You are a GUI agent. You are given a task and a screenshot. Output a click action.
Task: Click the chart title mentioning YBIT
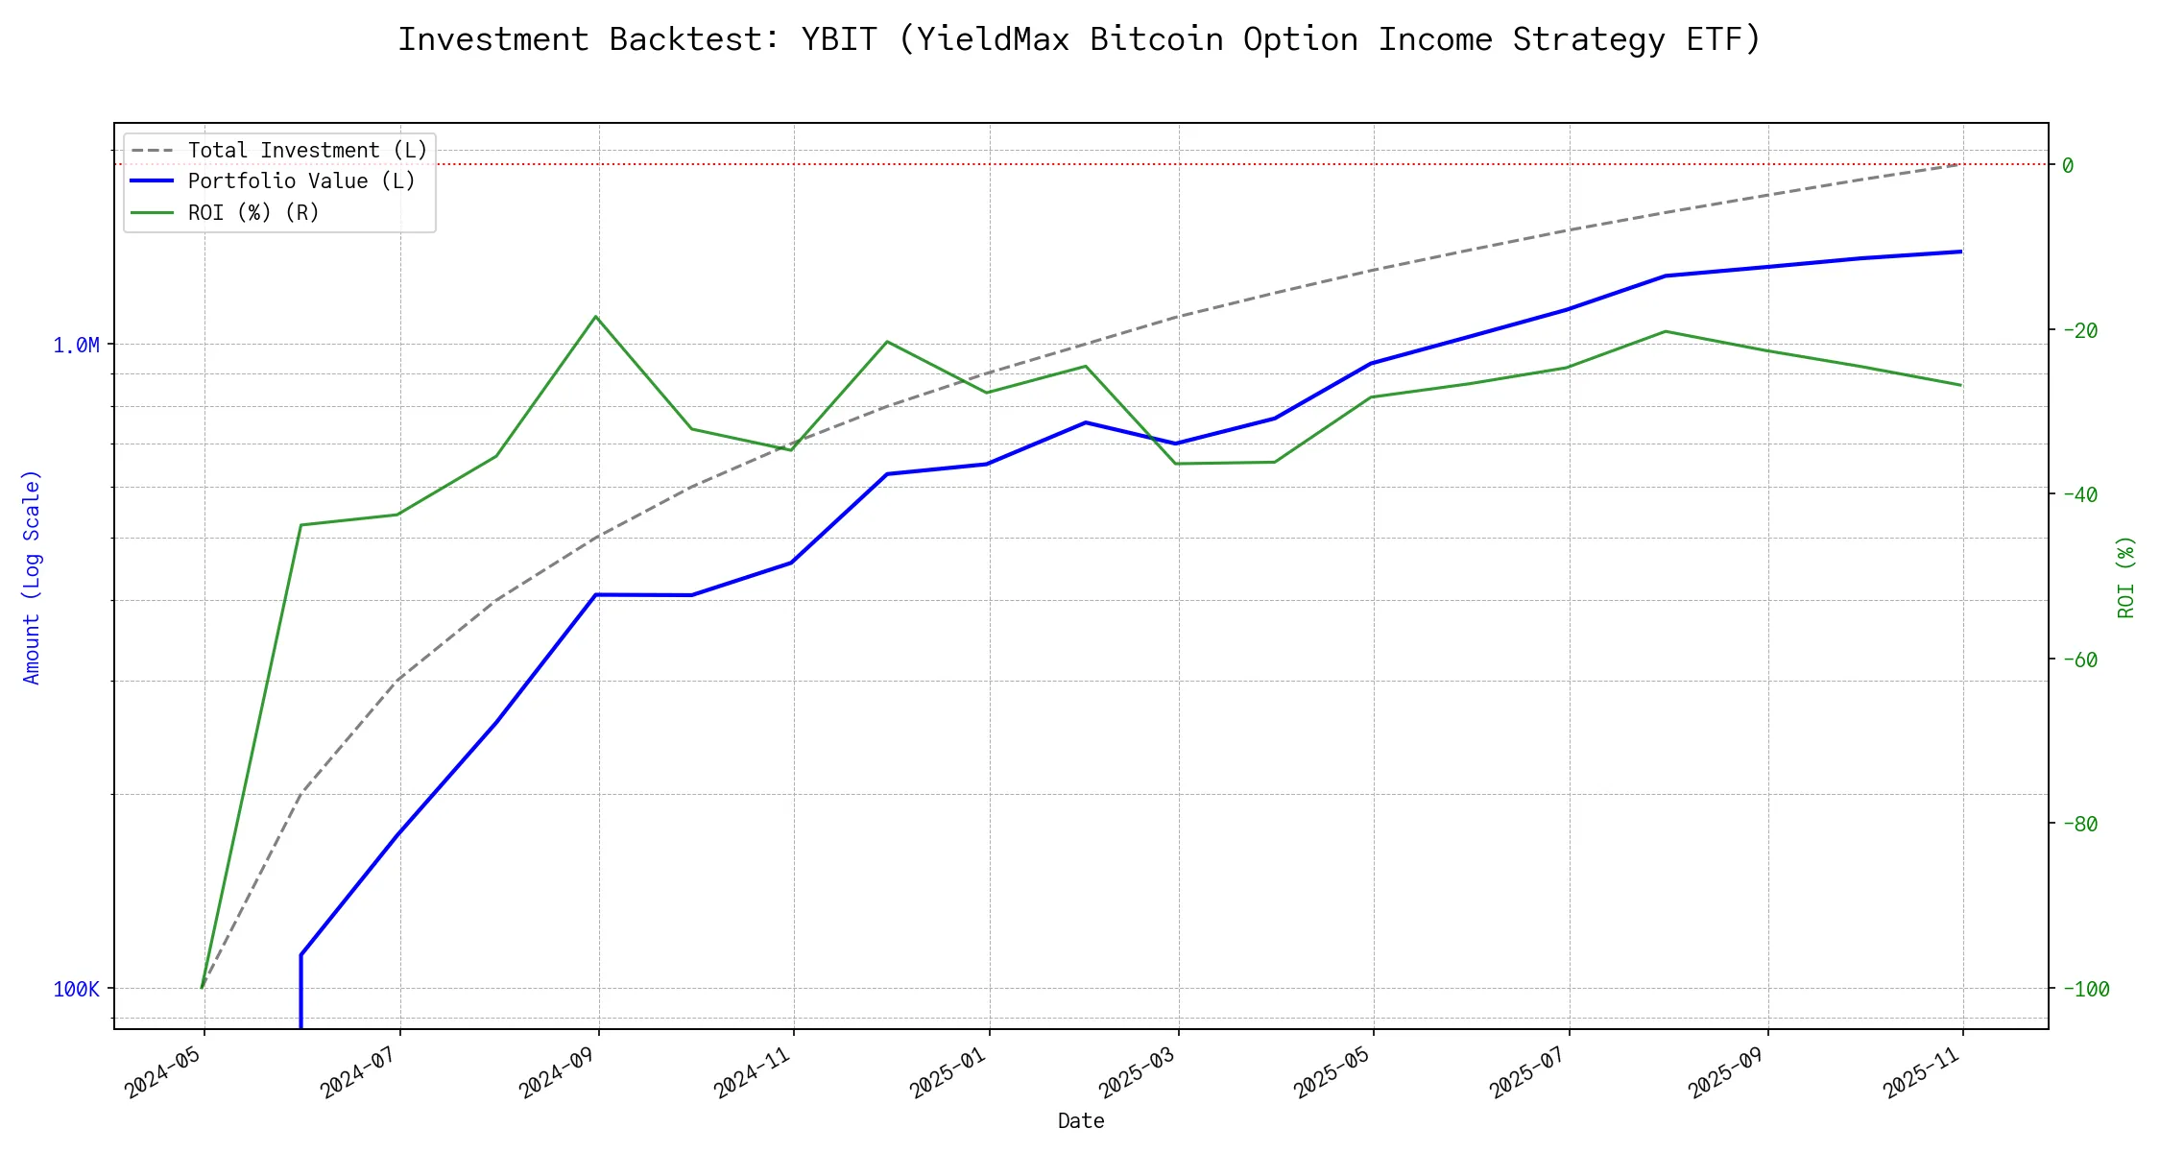1079,39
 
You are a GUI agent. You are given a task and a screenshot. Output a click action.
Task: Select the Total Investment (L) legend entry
307,151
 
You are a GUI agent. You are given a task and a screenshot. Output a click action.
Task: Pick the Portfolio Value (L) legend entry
301,181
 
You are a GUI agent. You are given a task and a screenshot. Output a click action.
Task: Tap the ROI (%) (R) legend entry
253,212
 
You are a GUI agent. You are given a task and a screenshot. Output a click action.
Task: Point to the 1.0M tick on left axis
76,345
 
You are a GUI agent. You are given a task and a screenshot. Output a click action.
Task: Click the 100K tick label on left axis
76,989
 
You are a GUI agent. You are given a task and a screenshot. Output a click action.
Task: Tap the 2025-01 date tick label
949,1071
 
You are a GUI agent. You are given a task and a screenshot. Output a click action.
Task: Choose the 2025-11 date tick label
1923,1071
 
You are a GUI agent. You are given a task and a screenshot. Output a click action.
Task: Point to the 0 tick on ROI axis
2068,165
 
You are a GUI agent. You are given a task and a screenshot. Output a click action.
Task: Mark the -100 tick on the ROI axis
2085,989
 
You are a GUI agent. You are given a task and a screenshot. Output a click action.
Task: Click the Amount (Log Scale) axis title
32,576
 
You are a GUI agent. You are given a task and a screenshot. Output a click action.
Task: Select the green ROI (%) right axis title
2125,576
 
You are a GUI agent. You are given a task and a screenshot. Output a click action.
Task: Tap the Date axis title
1080,1120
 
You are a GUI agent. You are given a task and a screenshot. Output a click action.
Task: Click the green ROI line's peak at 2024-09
596,316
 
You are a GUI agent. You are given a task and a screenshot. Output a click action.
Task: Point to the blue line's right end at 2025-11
1961,252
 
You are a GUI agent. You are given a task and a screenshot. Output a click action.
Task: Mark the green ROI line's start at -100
202,988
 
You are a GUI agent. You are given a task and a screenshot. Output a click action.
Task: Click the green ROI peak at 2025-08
1666,331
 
